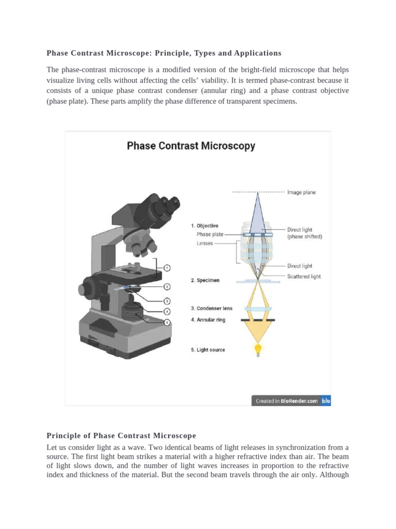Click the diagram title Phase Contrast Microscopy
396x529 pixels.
[x=191, y=146]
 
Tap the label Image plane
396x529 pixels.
[x=302, y=193]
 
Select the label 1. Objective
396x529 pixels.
[x=205, y=226]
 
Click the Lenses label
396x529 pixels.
[x=205, y=243]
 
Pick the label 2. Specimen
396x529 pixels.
[x=205, y=281]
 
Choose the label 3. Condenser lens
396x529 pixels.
[x=212, y=308]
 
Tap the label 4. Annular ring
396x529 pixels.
[x=208, y=320]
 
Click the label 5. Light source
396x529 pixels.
[x=208, y=350]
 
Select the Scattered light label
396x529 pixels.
[x=304, y=276]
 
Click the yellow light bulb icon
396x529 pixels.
[x=257, y=350]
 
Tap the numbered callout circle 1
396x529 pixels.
[x=167, y=268]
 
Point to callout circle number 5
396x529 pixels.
[x=167, y=322]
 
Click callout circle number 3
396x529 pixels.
[x=167, y=301]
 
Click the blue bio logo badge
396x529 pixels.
[x=325, y=401]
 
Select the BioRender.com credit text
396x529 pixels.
[x=299, y=401]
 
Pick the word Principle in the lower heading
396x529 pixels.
[x=64, y=435]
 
